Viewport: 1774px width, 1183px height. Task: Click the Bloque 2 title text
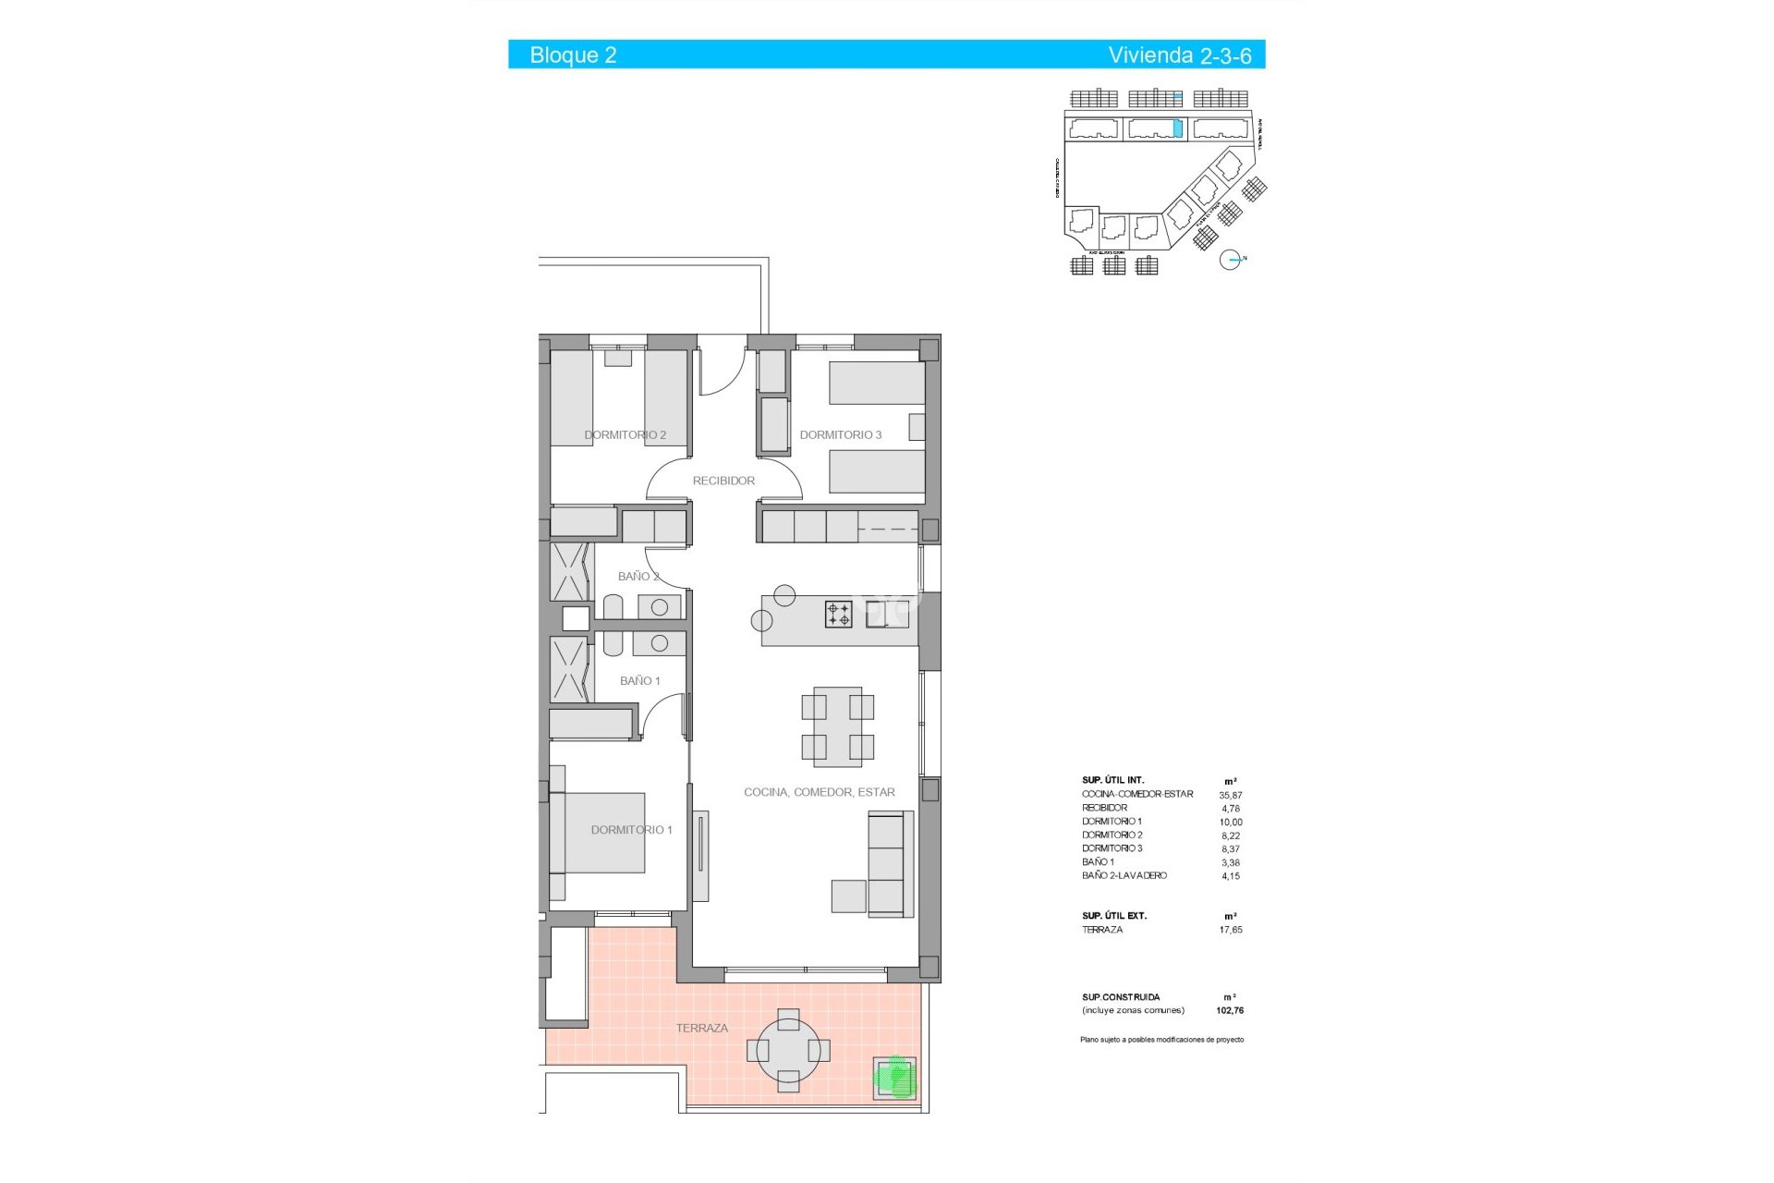tap(573, 55)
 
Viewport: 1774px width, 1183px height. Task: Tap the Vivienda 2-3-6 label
tap(1179, 55)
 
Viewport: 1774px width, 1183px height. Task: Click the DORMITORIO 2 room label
tap(625, 434)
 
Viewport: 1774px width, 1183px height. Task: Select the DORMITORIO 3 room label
tap(840, 434)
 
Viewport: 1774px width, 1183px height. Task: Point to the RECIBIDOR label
tap(723, 481)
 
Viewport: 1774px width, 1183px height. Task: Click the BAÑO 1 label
tap(639, 681)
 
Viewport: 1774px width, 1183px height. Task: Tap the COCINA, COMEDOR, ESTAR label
tap(819, 792)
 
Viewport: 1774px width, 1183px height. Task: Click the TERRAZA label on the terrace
tap(701, 1028)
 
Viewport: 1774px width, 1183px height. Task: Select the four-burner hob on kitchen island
tap(838, 614)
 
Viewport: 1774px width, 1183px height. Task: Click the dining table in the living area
tap(837, 726)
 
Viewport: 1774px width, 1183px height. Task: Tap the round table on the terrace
tap(788, 1051)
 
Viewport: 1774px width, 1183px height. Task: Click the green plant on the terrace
tap(894, 1077)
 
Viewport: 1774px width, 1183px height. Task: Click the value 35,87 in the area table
tap(1230, 795)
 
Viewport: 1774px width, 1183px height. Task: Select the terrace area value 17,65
tap(1230, 930)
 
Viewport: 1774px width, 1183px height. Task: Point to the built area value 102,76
tap(1230, 1011)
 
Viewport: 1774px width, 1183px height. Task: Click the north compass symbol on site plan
tap(1230, 260)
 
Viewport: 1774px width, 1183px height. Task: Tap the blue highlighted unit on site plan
tap(1177, 128)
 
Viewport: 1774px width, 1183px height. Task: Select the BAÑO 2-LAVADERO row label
tap(1124, 875)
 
